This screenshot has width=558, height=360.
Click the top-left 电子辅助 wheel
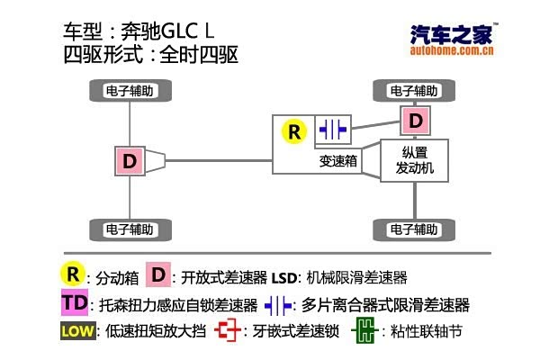pos(130,91)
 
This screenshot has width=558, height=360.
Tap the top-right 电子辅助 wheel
pos(414,91)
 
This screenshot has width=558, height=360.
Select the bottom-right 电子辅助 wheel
pos(414,228)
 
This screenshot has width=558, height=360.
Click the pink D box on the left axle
pos(130,161)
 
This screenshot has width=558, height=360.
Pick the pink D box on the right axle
pos(414,120)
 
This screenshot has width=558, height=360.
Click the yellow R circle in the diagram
pos(294,131)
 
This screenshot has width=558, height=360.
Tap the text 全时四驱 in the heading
pos(199,55)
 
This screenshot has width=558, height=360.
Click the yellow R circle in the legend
pos(73,274)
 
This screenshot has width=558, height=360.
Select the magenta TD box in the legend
pos(75,302)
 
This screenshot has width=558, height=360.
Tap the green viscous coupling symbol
pos(362,330)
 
